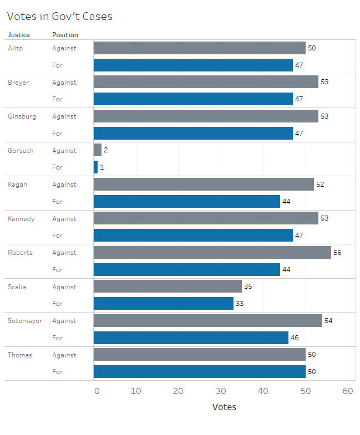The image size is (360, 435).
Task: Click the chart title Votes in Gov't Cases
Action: click(59, 17)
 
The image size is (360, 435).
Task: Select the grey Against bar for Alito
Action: click(199, 48)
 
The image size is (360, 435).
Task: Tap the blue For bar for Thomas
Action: click(199, 371)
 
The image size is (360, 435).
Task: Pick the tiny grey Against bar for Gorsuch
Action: click(98, 150)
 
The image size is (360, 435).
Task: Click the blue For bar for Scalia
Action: click(163, 303)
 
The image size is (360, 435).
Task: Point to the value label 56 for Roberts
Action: click(337, 253)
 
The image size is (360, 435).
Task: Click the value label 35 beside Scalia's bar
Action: click(248, 286)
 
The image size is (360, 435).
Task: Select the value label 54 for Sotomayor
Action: click(328, 321)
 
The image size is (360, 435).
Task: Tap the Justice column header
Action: click(19, 35)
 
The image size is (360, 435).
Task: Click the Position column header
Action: click(65, 35)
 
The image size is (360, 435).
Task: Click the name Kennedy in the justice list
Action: click(21, 219)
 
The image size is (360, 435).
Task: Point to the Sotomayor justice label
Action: click(25, 321)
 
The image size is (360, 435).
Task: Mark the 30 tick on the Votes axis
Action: click(221, 391)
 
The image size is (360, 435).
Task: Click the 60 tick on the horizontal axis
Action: click(348, 391)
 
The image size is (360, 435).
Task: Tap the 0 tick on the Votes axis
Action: click(97, 391)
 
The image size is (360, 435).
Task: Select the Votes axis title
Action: click(224, 407)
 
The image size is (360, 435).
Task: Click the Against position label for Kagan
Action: click(64, 185)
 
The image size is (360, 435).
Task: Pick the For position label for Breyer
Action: click(58, 99)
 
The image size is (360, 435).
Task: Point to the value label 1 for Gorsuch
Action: click(102, 167)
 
